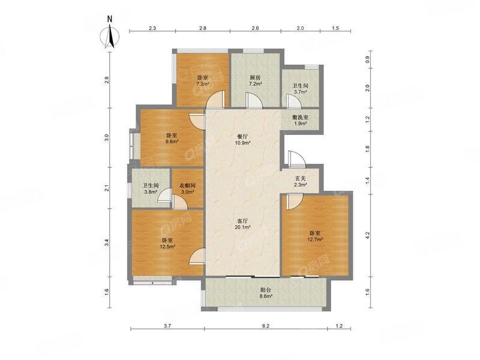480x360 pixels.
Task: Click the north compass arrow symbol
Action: pos(110,37)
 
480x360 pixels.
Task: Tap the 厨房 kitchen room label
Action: pos(256,78)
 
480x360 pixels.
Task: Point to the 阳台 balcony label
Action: pos(266,290)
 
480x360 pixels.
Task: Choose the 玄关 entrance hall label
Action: pos(301,178)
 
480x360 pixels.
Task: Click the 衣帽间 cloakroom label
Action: pos(187,185)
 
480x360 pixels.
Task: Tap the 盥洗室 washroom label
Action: pos(301,117)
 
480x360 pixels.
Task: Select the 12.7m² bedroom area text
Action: pos(316,239)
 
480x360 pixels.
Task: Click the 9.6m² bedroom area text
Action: pos(172,142)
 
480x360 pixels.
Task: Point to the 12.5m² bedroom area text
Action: pos(167,247)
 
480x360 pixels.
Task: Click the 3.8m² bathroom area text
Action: pos(151,192)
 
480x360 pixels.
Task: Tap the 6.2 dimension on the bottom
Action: pos(266,326)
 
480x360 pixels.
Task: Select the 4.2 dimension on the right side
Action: pos(368,235)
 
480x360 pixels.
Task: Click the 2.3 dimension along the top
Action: pos(152,28)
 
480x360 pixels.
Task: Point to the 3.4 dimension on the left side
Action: pos(107,243)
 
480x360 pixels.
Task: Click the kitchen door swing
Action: pos(254,101)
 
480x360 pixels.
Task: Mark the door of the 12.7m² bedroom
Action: pos(295,202)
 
